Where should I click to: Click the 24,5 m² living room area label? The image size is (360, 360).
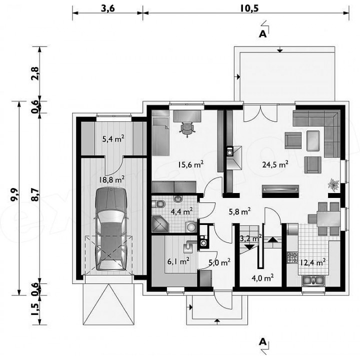(275, 164)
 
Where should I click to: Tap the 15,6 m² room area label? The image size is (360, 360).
(190, 164)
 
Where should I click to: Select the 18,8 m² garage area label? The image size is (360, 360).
(111, 179)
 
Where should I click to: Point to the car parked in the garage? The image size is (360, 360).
(111, 229)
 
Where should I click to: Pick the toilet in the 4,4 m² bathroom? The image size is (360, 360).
(158, 204)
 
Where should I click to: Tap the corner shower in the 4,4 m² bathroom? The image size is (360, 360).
(160, 223)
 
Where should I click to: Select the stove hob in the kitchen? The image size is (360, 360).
(292, 257)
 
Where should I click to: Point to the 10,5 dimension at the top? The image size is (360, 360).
(249, 8)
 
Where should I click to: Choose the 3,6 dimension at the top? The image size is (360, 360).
(107, 8)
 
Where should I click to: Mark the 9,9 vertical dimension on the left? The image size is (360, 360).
(14, 194)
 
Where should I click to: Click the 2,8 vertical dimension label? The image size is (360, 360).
(35, 73)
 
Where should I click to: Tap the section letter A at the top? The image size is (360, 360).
(262, 34)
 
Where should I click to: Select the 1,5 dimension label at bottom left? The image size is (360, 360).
(35, 309)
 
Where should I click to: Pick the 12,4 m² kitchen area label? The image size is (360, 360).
(312, 262)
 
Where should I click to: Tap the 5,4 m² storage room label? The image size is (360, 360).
(113, 138)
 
